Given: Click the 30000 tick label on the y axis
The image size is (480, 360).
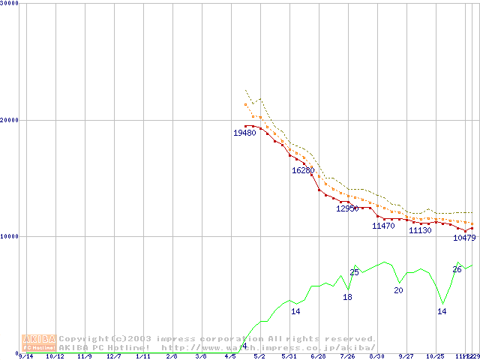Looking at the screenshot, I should point(10,3).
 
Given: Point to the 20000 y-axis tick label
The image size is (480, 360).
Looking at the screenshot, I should point(10,119).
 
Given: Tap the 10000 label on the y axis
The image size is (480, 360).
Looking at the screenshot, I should point(10,236).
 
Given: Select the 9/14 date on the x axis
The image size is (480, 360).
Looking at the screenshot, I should point(25,357).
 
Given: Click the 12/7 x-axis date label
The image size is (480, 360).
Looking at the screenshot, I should point(114,357).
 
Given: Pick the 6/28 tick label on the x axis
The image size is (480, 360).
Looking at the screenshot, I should point(319,357).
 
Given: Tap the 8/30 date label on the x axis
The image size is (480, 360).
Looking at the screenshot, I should point(377,357).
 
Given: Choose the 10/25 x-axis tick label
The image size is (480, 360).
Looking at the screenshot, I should point(436,357).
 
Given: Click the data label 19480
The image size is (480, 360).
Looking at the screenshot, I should point(244,133).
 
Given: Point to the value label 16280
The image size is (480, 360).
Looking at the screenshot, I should point(303,170).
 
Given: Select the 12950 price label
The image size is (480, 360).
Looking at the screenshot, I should point(347,208).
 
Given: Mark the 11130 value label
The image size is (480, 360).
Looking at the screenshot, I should point(420,230).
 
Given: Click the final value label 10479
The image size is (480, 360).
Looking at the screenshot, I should point(464,238).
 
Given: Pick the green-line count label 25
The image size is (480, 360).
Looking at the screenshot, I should point(354,272).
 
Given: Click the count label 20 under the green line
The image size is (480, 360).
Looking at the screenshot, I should point(398,290).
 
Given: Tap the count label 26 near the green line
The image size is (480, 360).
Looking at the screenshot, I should point(457,269).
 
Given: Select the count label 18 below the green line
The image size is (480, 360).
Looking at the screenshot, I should point(347,297).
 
